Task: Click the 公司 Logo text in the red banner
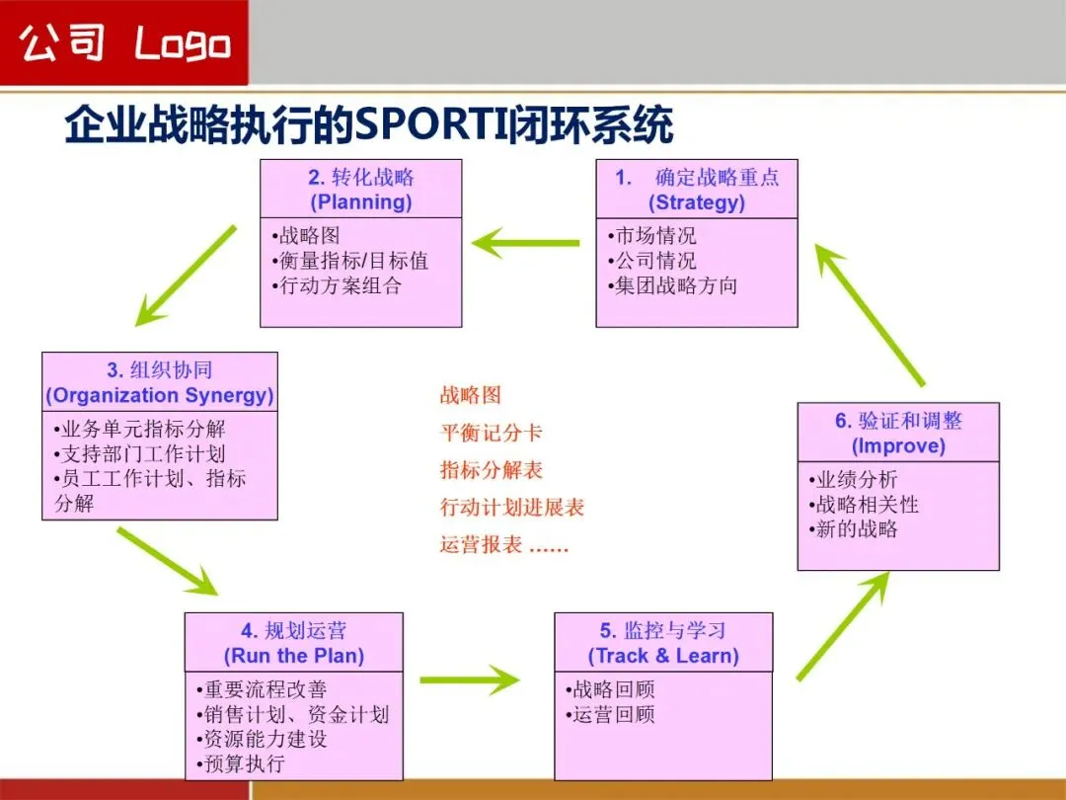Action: coord(124,43)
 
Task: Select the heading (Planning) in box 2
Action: coord(360,202)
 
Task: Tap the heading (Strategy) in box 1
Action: coord(696,202)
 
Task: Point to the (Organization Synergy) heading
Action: coord(160,395)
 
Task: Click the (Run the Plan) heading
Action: coord(293,656)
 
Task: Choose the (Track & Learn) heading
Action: coord(663,656)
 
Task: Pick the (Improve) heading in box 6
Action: coord(898,445)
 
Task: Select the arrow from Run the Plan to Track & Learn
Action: coord(470,680)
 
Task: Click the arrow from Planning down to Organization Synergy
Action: coord(186,276)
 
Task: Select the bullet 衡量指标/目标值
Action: coord(353,261)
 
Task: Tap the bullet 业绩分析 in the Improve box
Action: coord(857,480)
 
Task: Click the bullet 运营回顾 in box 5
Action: coord(614,714)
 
